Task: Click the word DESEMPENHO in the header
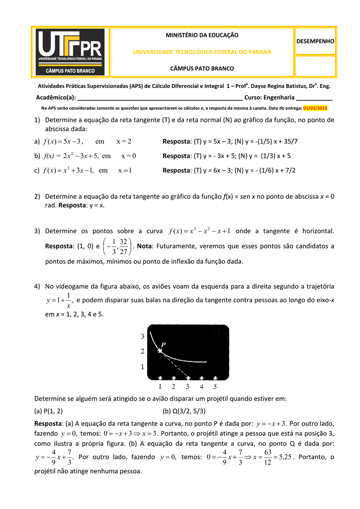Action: tap(315, 41)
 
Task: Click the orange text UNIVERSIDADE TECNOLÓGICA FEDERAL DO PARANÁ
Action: tap(202, 52)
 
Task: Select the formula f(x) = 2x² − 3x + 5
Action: tap(70, 156)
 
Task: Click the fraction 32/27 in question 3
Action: tap(124, 246)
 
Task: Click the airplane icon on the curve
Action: tap(159, 351)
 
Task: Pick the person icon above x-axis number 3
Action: tap(188, 378)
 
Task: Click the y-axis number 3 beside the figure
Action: tap(142, 337)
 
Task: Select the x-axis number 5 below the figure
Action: tap(215, 387)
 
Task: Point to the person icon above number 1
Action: tap(161, 378)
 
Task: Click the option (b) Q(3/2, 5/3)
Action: tap(184, 411)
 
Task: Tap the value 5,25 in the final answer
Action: tap(283, 457)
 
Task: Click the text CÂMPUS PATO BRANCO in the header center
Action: tap(202, 68)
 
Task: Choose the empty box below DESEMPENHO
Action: tap(315, 66)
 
